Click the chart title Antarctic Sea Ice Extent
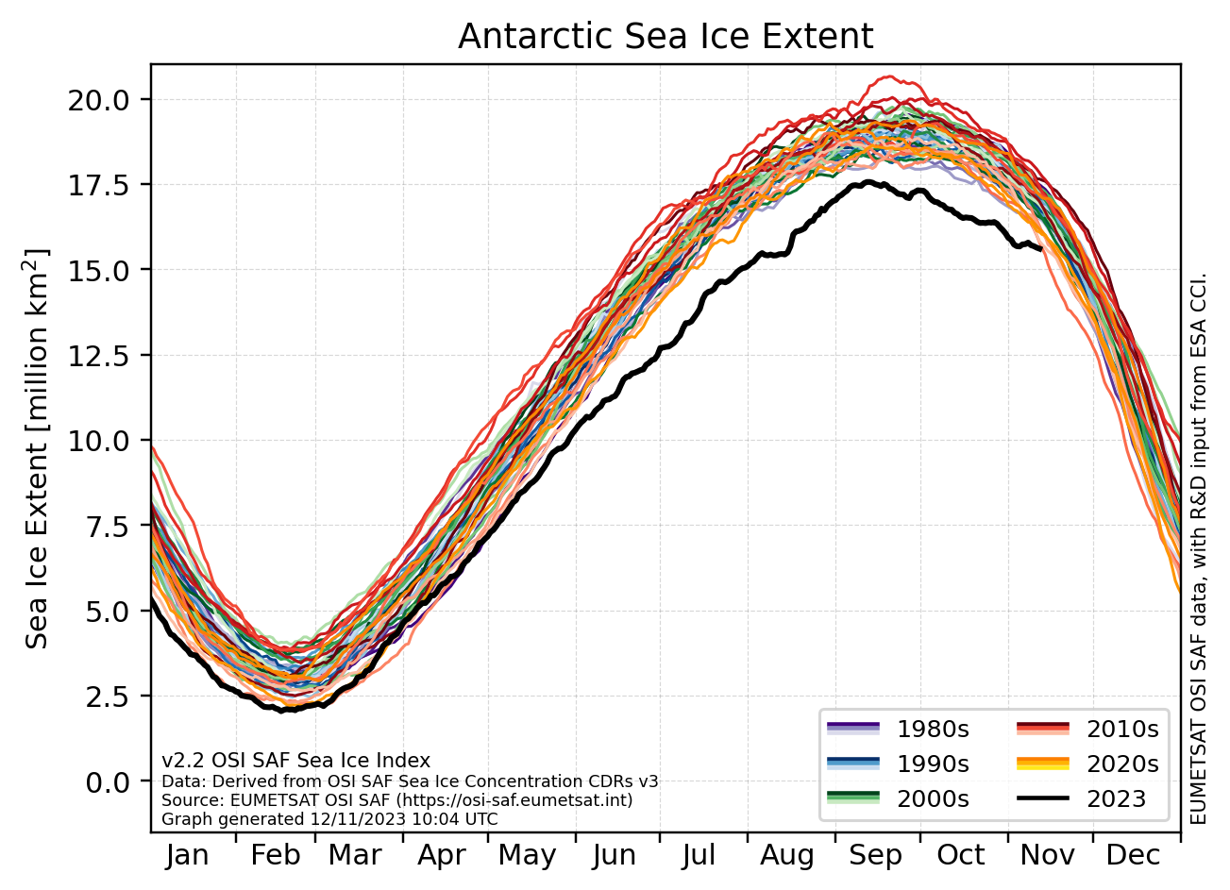click(666, 37)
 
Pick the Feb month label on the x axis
click(275, 856)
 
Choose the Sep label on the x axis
click(875, 856)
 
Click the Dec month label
click(1133, 856)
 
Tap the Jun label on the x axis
click(615, 856)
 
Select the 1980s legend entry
click(933, 729)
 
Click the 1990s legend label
click(933, 764)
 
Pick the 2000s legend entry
click(933, 799)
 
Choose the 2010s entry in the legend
click(1122, 729)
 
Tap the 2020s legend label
click(1122, 764)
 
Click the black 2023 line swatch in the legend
click(1042, 799)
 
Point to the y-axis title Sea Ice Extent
click(38, 448)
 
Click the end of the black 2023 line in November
click(1040, 249)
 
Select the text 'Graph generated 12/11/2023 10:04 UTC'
click(329, 819)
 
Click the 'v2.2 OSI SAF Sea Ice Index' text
click(296, 761)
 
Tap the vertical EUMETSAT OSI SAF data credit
click(1199, 547)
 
